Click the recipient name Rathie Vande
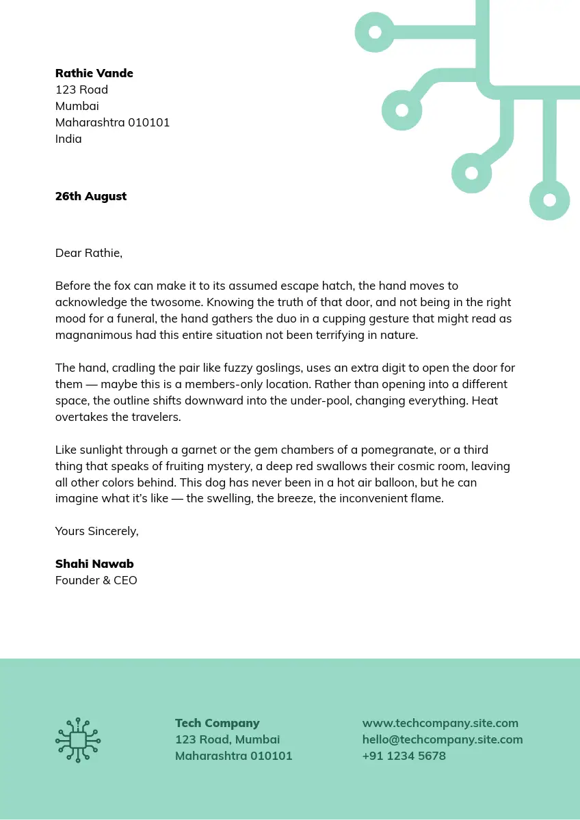[94, 73]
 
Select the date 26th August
[91, 196]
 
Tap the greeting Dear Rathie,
[89, 253]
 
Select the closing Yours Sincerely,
[96, 531]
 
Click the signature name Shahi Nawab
[94, 564]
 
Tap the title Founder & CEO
[96, 580]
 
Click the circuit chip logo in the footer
[78, 740]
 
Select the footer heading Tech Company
[217, 723]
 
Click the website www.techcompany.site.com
[440, 723]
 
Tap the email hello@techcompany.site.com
[443, 739]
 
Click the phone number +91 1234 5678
[404, 756]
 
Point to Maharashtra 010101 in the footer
[234, 756]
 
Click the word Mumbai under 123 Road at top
[77, 106]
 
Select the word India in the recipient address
[68, 139]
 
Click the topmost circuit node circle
[375, 32]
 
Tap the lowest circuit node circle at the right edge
[550, 200]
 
